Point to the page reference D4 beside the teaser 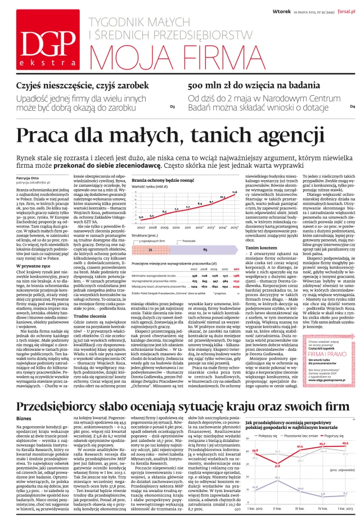pyautogui.click(x=352, y=106)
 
